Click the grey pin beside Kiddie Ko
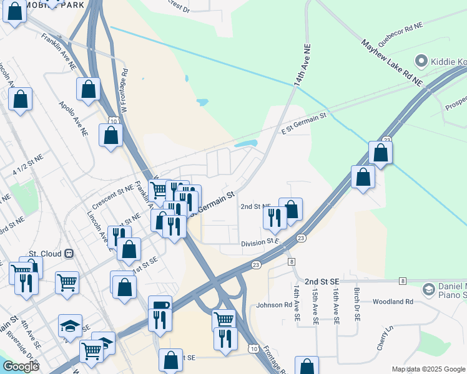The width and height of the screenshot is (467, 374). [420, 61]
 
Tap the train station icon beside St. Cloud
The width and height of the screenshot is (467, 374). [69, 254]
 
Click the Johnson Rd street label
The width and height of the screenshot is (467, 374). [274, 305]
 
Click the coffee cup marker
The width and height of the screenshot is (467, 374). [160, 305]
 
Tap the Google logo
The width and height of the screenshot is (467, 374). [20, 367]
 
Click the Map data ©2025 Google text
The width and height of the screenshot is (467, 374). [428, 369]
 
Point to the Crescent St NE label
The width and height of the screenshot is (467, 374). [112, 195]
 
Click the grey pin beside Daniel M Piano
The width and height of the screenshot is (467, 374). [428, 289]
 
